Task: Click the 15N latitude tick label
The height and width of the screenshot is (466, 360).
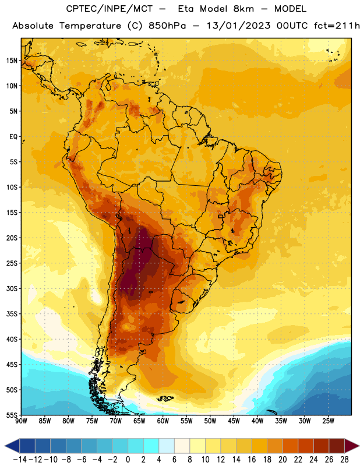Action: point(12,61)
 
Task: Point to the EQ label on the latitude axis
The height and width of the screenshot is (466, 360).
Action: point(13,137)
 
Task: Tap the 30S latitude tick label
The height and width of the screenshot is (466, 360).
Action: point(12,288)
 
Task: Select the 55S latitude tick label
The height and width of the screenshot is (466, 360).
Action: point(12,415)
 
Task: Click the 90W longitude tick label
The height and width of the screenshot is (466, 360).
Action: point(21,421)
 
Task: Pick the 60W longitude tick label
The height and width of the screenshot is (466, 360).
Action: point(163,421)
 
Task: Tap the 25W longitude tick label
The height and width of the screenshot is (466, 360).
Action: point(328,421)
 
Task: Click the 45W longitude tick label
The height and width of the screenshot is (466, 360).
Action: point(234,421)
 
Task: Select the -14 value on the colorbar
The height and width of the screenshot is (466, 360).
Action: point(20,460)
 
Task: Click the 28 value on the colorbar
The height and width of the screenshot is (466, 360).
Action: point(344,460)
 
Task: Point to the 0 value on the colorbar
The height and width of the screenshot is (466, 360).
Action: point(128,460)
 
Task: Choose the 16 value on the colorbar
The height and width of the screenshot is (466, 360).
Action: point(252,460)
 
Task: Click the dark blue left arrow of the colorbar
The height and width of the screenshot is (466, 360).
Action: point(12,446)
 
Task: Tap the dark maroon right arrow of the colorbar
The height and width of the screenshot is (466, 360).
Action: point(352,446)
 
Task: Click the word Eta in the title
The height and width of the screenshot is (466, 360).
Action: point(186,9)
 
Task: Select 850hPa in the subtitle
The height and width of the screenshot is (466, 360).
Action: point(167,26)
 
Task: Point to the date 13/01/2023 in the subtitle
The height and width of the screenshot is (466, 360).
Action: point(238,26)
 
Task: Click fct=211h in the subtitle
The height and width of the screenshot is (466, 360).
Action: point(337,26)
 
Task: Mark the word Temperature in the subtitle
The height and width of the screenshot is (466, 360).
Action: point(90,26)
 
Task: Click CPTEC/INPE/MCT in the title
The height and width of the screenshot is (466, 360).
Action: point(109,9)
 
